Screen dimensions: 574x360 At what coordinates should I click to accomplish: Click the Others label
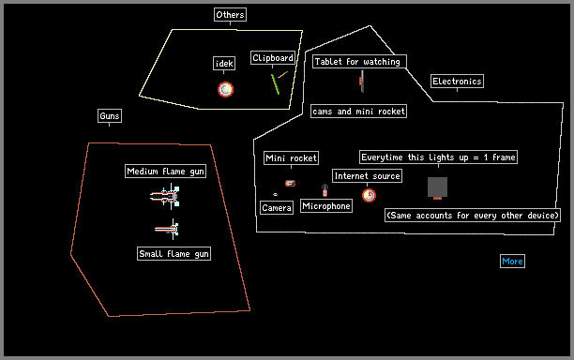(230, 15)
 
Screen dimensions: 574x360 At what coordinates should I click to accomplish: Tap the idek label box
(224, 64)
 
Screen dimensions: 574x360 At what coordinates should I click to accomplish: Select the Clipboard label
(273, 58)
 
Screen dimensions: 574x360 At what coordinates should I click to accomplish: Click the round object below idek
(225, 89)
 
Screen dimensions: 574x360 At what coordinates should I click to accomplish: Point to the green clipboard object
(276, 84)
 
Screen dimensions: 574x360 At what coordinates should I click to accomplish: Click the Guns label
(110, 116)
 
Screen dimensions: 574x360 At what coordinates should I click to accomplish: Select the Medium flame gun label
(165, 172)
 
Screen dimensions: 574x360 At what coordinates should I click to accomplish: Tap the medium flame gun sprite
(165, 197)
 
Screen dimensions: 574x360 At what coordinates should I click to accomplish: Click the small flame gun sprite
(167, 230)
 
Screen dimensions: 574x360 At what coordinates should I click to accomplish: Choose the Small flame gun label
(174, 254)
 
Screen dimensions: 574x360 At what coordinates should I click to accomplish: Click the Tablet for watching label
(358, 62)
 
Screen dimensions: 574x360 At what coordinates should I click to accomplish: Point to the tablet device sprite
(362, 82)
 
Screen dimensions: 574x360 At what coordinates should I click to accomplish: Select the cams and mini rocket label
(358, 112)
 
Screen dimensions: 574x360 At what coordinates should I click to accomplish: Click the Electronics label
(457, 82)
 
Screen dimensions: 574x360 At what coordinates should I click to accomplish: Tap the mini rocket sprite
(291, 183)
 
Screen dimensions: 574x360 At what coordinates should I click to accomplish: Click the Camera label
(277, 208)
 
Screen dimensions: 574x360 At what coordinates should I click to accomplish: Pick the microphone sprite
(325, 190)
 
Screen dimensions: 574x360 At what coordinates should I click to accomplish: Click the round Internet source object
(369, 195)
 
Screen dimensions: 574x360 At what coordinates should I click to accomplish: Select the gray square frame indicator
(437, 187)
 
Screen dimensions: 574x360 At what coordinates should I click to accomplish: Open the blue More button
(512, 262)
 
